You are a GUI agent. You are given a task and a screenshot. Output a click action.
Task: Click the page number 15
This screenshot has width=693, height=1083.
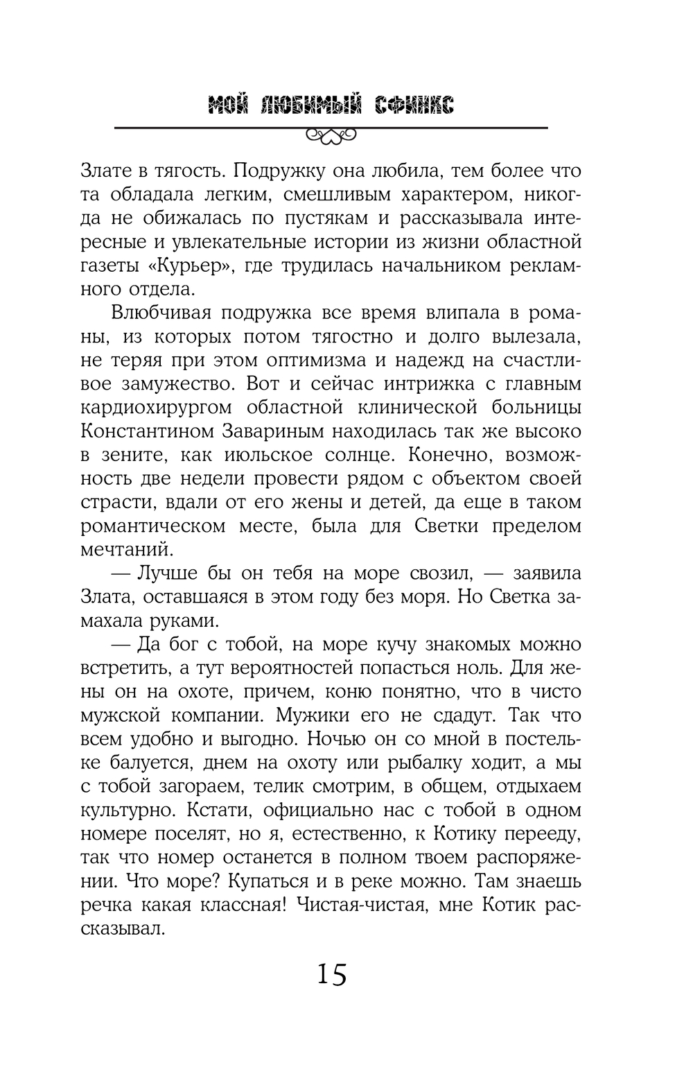click(x=331, y=975)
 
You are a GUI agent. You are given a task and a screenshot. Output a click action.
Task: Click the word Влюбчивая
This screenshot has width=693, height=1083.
click(x=159, y=313)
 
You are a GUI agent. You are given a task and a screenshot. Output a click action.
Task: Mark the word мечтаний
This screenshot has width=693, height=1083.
click(x=124, y=550)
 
